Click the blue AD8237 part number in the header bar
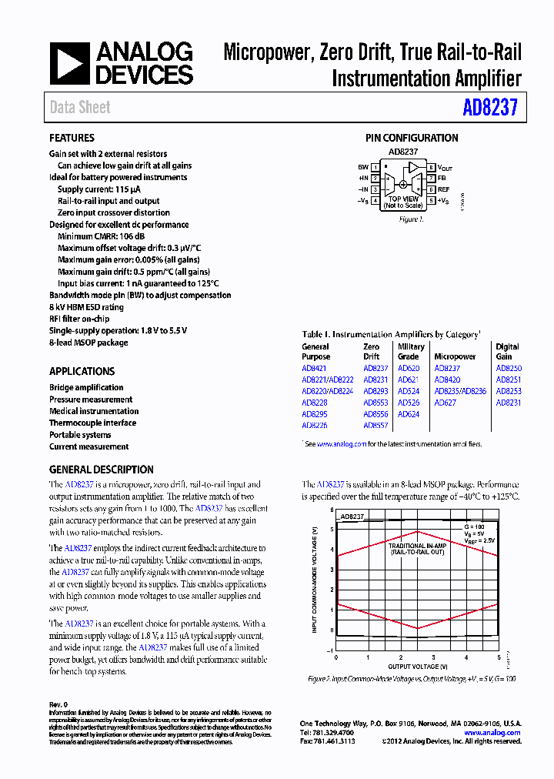[491, 108]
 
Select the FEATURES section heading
[72, 138]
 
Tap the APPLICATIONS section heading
[82, 371]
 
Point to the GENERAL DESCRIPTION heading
[101, 470]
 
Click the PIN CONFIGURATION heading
[411, 138]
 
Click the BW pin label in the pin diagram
[362, 167]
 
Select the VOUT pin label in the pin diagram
[446, 167]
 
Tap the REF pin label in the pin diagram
[443, 189]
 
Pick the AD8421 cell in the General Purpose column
[314, 369]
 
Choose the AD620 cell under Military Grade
[409, 369]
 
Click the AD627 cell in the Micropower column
[445, 403]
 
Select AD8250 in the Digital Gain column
[508, 369]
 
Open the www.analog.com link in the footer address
[492, 733]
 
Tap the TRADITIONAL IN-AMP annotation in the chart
[415, 545]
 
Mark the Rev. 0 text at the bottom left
[59, 704]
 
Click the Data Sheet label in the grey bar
[80, 108]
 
